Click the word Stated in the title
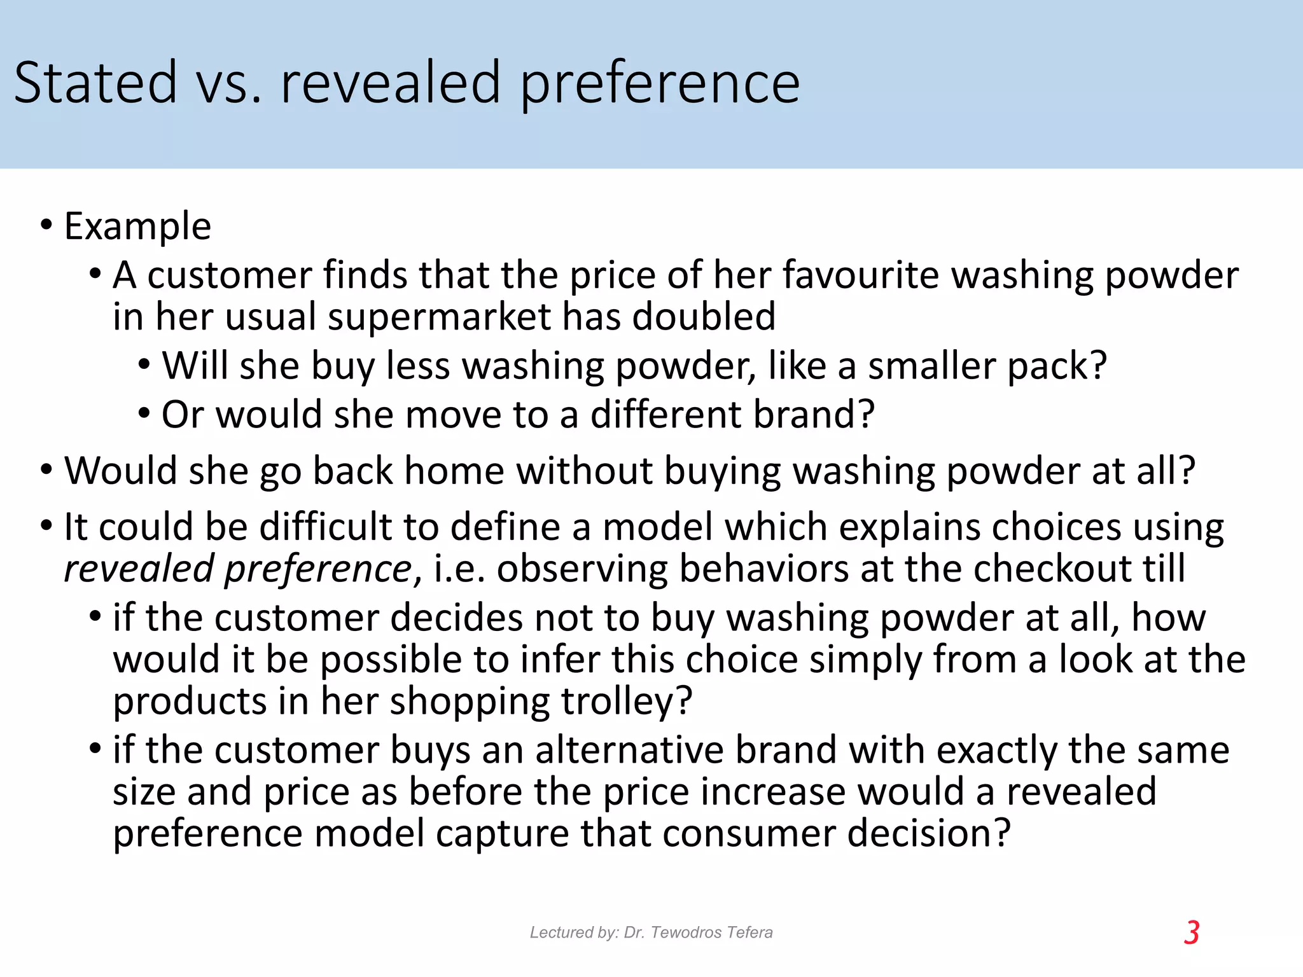95,83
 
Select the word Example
137,226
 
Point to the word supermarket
439,317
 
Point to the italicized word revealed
139,569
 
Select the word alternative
629,750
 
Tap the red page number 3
1192,933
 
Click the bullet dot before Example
46,225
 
